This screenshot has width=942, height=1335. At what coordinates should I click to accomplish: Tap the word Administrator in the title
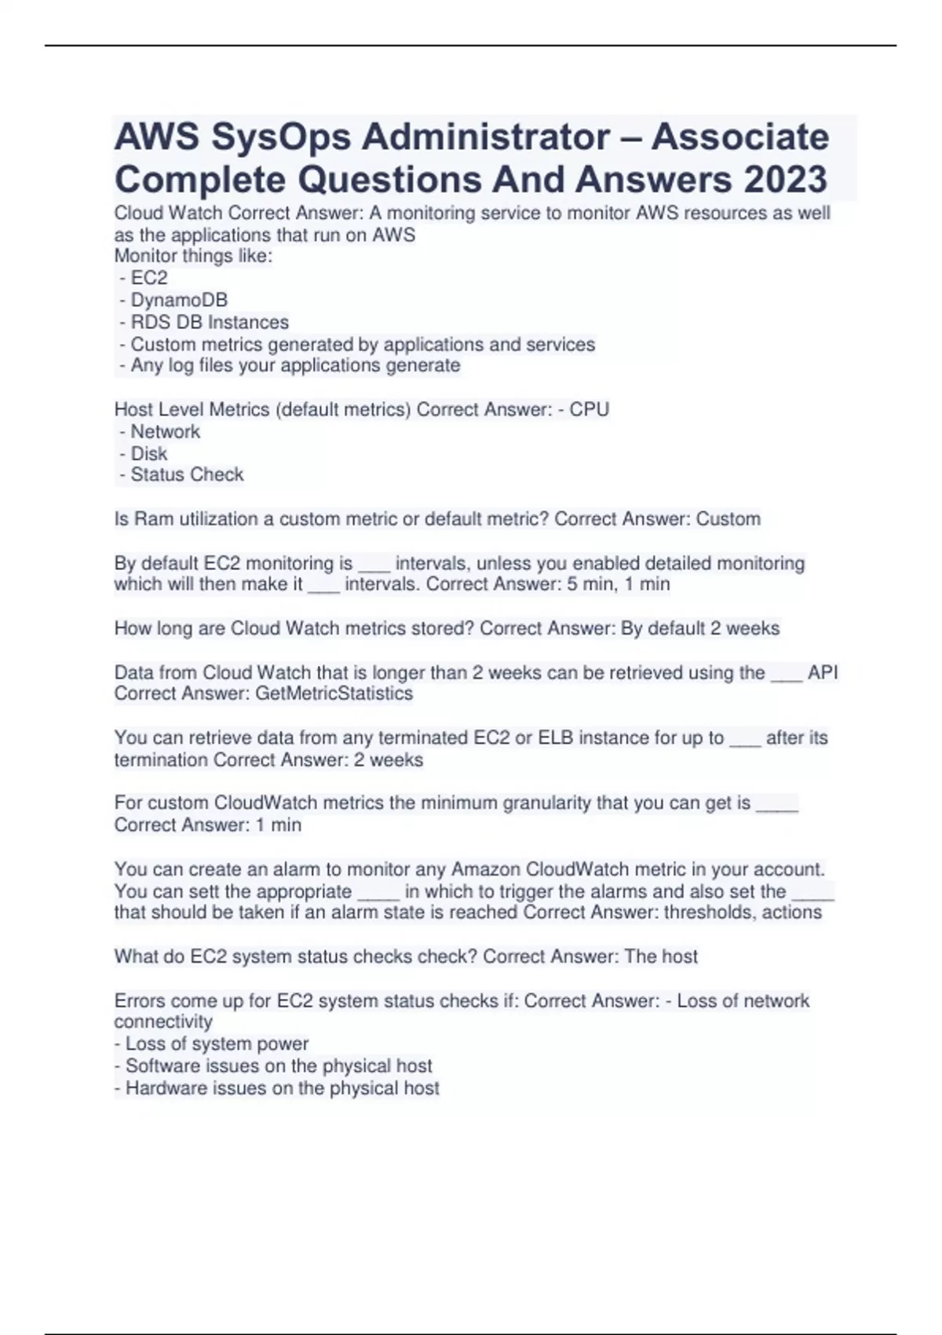(484, 137)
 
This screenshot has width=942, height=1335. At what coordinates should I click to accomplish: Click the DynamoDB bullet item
(178, 300)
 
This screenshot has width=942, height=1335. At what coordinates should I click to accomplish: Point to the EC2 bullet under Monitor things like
(148, 278)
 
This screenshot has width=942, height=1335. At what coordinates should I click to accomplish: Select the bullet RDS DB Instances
(209, 322)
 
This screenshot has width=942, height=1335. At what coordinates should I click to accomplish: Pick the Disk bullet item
(148, 453)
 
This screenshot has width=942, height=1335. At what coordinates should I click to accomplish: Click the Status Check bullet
(187, 474)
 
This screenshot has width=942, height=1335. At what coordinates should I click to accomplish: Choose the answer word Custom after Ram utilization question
(728, 519)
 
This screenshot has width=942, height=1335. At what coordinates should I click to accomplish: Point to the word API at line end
(823, 673)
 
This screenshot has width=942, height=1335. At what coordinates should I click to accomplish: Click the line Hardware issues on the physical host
(282, 1088)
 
